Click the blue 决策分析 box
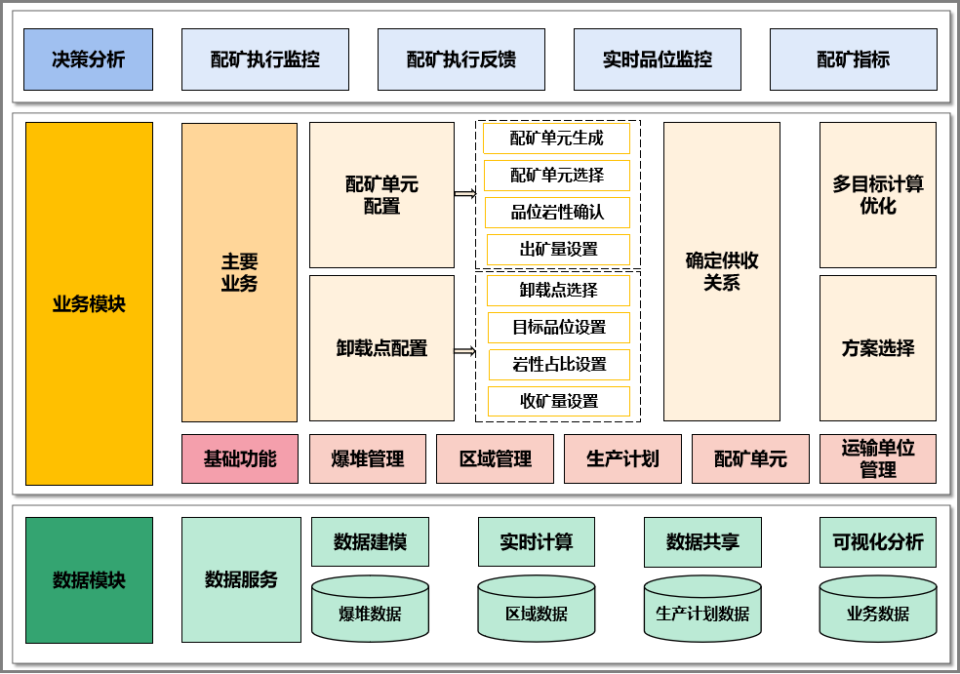pyautogui.click(x=88, y=59)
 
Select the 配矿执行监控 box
pyautogui.click(x=264, y=59)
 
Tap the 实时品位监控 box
pyautogui.click(x=657, y=59)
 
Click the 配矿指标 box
pyautogui.click(x=853, y=59)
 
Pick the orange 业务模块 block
pyautogui.click(x=89, y=303)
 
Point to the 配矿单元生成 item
pyautogui.click(x=556, y=139)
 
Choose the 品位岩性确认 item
pyautogui.click(x=557, y=212)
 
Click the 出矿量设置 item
pyautogui.click(x=558, y=249)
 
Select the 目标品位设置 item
pyautogui.click(x=559, y=327)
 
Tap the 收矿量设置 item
pyautogui.click(x=559, y=401)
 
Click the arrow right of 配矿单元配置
pyautogui.click(x=465, y=194)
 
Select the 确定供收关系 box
pyautogui.click(x=721, y=271)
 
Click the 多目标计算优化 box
pyautogui.click(x=877, y=194)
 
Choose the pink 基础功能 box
pyautogui.click(x=239, y=458)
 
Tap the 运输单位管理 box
pyautogui.click(x=877, y=458)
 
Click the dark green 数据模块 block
pyautogui.click(x=89, y=580)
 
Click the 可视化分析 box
pyautogui.click(x=877, y=542)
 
